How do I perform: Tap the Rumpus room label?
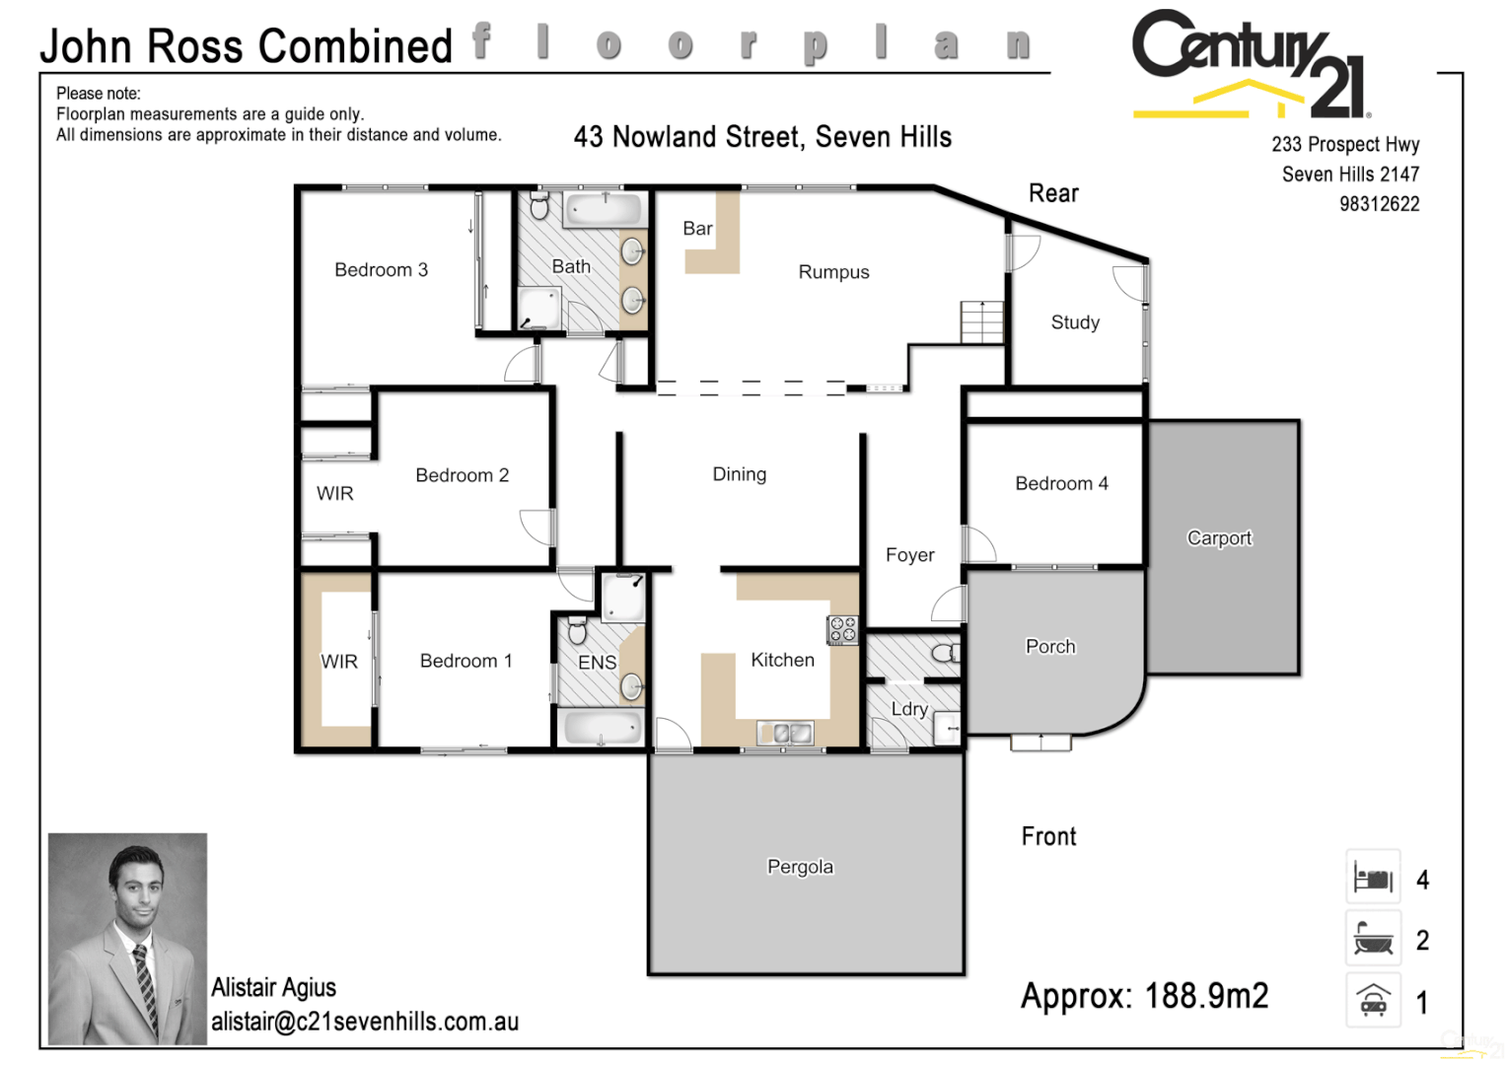click(x=833, y=272)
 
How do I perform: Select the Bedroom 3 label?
click(x=381, y=270)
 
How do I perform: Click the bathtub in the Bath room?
click(x=604, y=209)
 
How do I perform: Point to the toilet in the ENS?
click(x=578, y=630)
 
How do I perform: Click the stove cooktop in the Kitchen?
click(x=842, y=629)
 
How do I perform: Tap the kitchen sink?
click(x=785, y=733)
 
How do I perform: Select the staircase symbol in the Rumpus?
click(x=981, y=321)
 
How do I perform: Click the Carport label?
click(x=1219, y=538)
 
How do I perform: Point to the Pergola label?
click(x=800, y=867)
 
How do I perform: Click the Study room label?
click(x=1075, y=322)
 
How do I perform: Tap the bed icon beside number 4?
click(x=1373, y=877)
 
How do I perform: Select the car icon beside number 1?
click(x=1373, y=1000)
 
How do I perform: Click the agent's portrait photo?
click(x=128, y=938)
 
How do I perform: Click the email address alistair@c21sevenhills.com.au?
click(x=365, y=1022)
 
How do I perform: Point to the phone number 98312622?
click(x=1379, y=204)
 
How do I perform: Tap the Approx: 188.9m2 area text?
click(x=1144, y=996)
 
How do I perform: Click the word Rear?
click(x=1053, y=193)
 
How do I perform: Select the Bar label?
click(x=697, y=229)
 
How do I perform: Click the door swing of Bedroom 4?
click(x=979, y=544)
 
